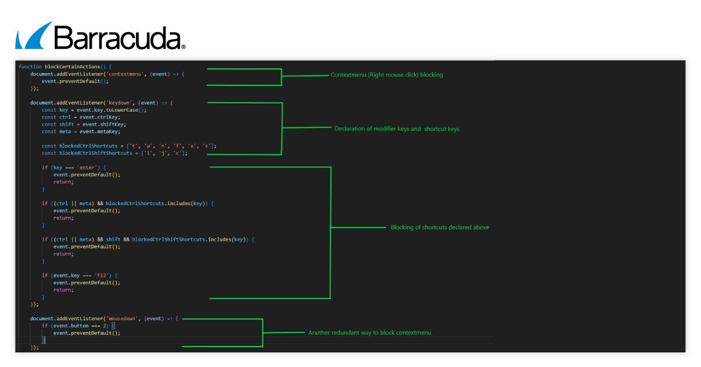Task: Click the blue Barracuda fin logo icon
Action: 34,36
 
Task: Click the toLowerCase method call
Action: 126,110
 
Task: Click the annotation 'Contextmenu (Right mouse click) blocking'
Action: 387,75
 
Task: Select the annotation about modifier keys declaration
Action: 397,129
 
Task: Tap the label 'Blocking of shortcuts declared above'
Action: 440,227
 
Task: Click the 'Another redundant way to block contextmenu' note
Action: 369,333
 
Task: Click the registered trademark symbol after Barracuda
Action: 183,46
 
